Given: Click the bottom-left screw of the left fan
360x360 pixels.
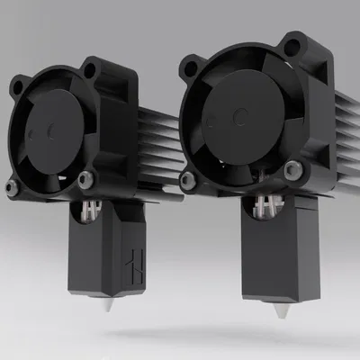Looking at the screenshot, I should click(x=12, y=188).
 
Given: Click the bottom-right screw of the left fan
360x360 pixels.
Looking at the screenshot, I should click(x=87, y=176).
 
